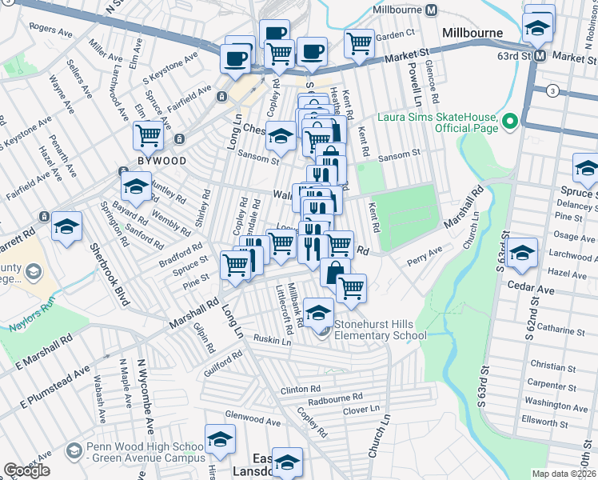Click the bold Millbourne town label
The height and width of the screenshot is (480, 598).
coord(472,33)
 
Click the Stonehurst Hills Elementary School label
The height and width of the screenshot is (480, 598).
coord(380,330)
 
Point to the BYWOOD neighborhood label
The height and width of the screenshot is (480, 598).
coord(163,161)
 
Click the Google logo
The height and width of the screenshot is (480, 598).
coord(26,470)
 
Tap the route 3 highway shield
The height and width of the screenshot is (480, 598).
coord(552,90)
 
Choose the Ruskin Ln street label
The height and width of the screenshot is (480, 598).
coord(273,340)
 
